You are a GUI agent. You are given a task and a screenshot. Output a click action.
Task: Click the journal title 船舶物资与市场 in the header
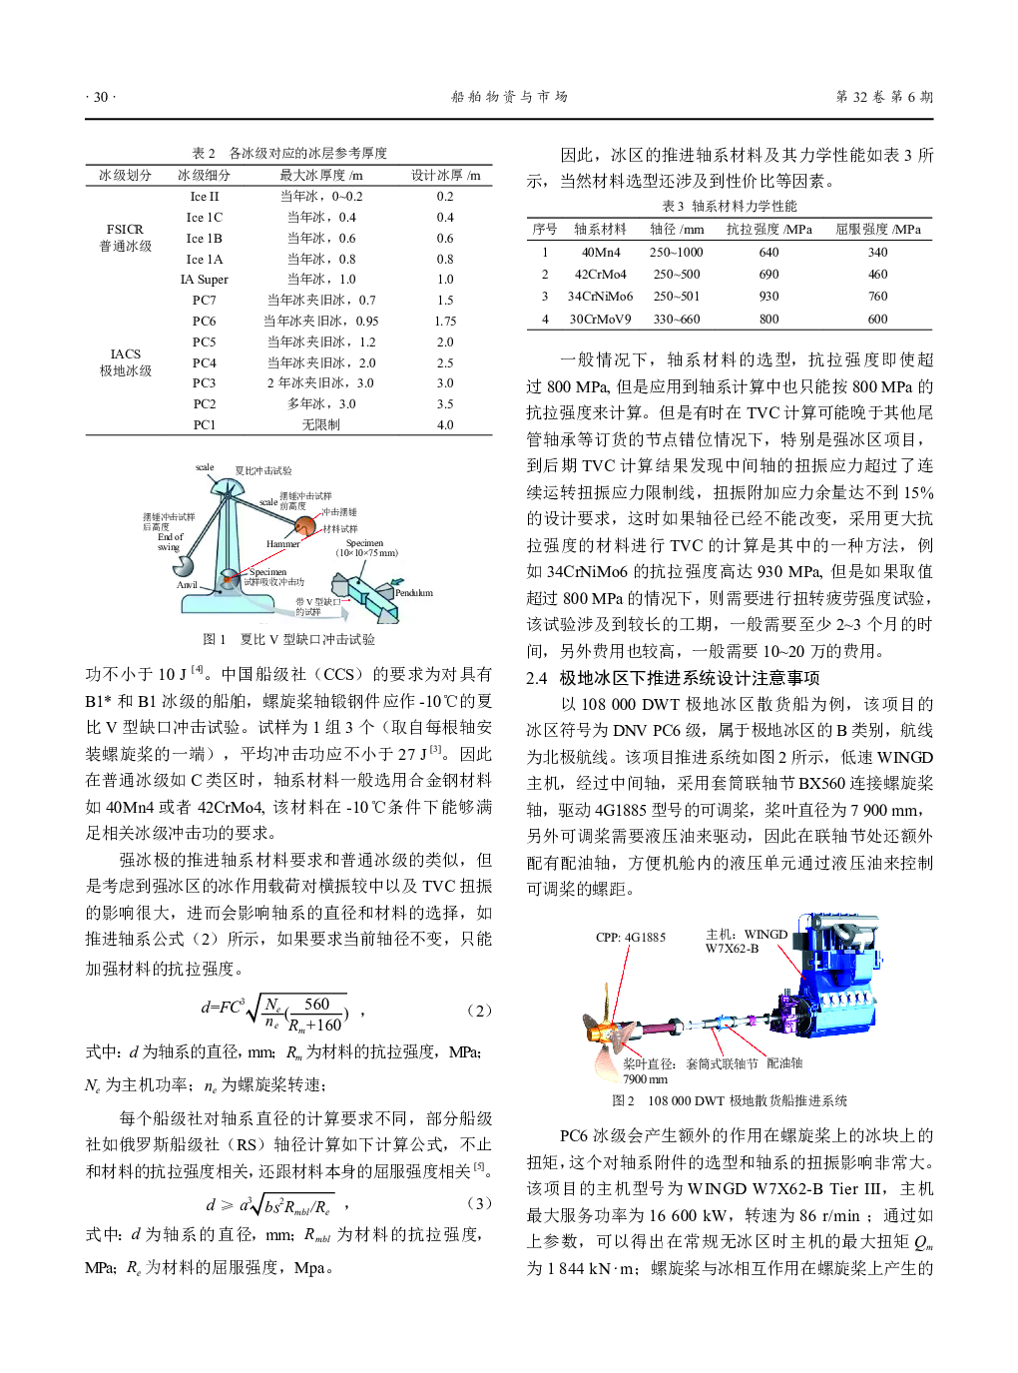coord(509,97)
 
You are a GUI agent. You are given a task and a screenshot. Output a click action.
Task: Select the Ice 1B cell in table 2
coord(204,239)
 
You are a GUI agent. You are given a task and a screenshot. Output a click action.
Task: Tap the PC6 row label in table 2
coord(204,322)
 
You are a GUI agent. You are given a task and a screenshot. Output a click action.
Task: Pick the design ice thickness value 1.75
coord(445,322)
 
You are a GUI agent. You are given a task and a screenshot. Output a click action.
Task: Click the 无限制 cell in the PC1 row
coord(320,425)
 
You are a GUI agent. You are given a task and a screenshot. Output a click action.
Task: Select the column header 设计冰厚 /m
coord(445,176)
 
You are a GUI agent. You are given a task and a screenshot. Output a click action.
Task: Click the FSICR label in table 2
coord(125,230)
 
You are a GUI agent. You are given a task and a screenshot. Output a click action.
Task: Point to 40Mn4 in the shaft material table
coord(601,253)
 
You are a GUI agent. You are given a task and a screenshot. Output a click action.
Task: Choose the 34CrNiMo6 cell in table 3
coord(600,297)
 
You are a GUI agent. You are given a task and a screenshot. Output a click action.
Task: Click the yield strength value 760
coord(877,297)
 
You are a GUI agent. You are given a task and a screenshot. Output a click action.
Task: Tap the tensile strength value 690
coord(768,275)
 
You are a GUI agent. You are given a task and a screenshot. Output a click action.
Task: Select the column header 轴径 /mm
coord(677,230)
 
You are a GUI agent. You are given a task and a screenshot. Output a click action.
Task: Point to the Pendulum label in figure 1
coord(413,593)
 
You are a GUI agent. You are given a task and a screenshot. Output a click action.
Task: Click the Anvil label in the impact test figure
coord(187,585)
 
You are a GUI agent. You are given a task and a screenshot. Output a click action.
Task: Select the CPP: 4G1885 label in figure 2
coord(630,938)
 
